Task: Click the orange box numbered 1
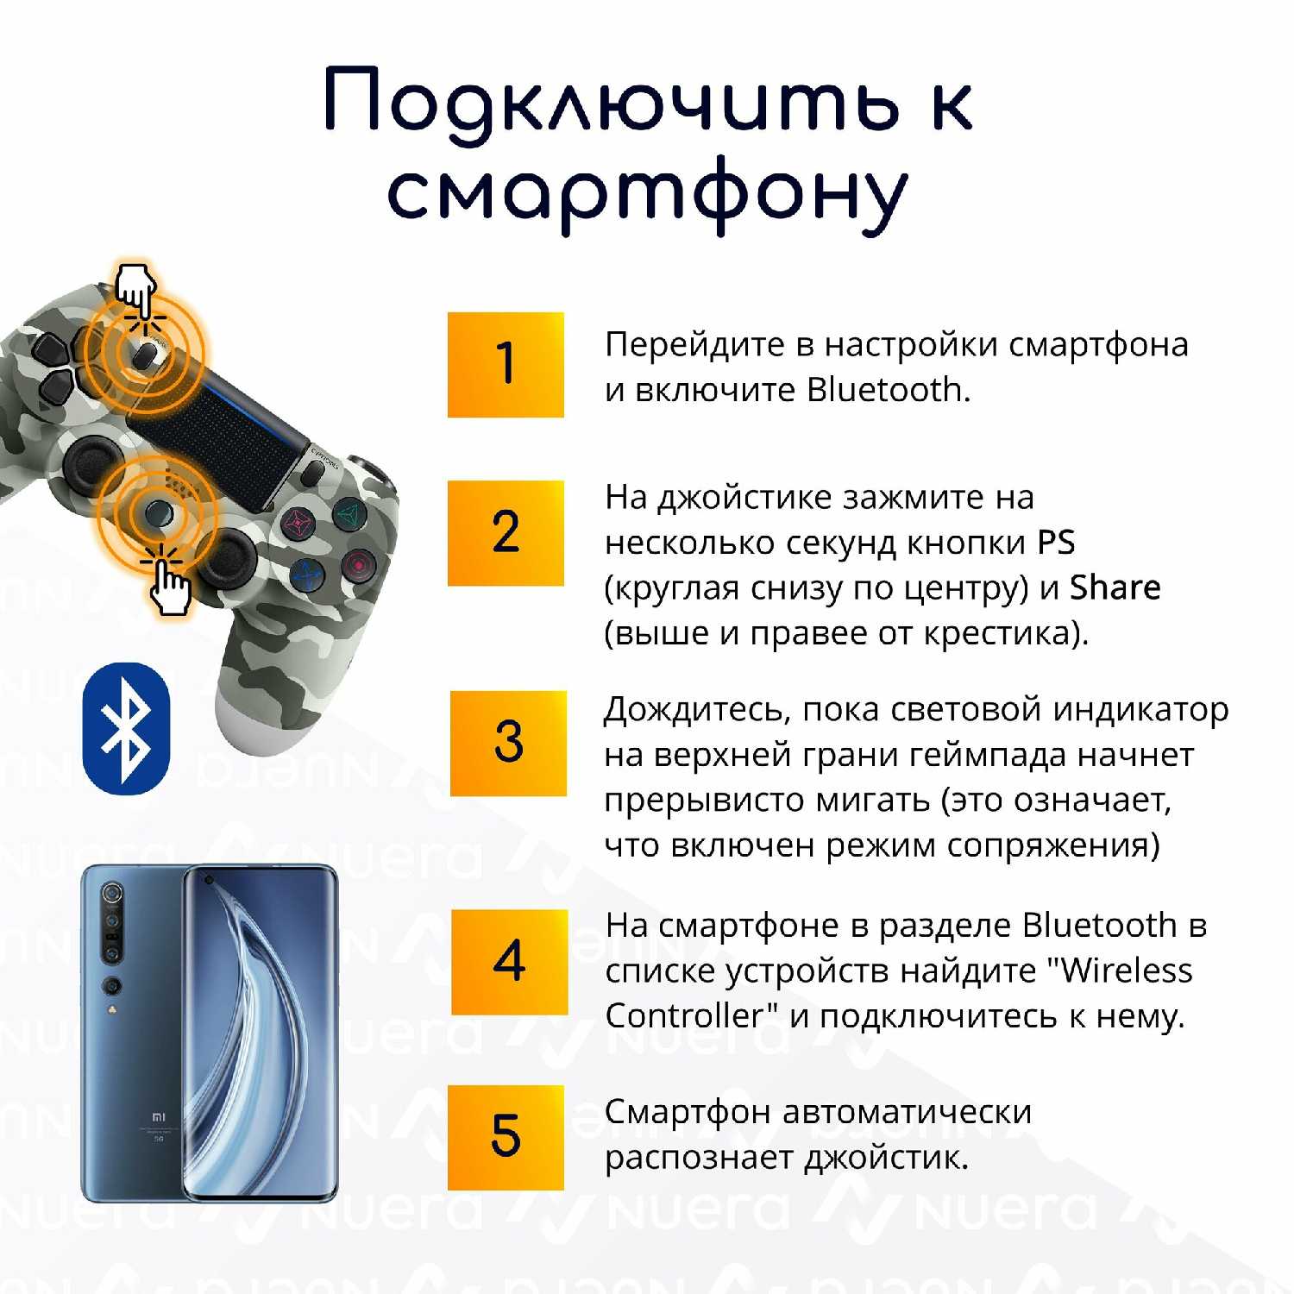point(506,365)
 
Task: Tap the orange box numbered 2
point(506,533)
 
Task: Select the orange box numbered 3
point(508,743)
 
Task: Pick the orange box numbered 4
point(509,962)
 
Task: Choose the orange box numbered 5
point(506,1138)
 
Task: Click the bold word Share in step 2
point(1115,587)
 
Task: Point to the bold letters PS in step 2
point(1056,543)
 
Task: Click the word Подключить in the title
point(612,102)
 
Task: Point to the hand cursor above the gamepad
point(136,289)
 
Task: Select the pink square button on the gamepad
point(298,523)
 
